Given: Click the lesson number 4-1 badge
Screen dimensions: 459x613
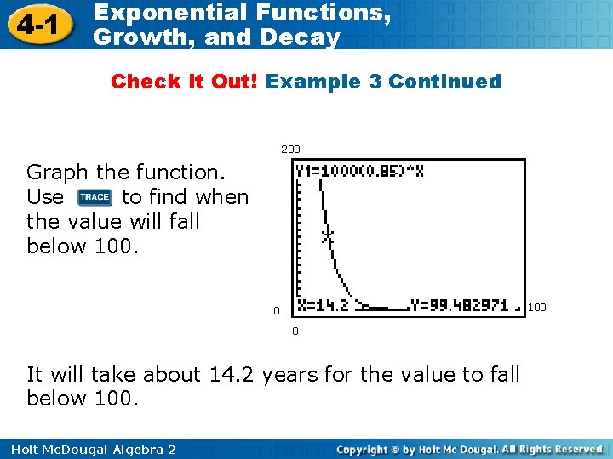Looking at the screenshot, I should click(37, 25).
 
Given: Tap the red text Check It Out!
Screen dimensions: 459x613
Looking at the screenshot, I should click(185, 82).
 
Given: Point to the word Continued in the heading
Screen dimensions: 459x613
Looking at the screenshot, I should click(444, 82).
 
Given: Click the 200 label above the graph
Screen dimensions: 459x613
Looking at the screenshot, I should click(290, 150).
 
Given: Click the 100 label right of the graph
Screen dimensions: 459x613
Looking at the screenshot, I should click(537, 306).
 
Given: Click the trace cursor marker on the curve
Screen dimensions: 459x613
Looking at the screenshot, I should click(326, 235).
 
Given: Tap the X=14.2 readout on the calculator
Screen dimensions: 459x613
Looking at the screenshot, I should click(323, 305).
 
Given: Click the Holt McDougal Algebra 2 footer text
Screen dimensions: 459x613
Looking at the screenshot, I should click(89, 449).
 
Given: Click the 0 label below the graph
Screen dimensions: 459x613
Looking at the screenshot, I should click(295, 331).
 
